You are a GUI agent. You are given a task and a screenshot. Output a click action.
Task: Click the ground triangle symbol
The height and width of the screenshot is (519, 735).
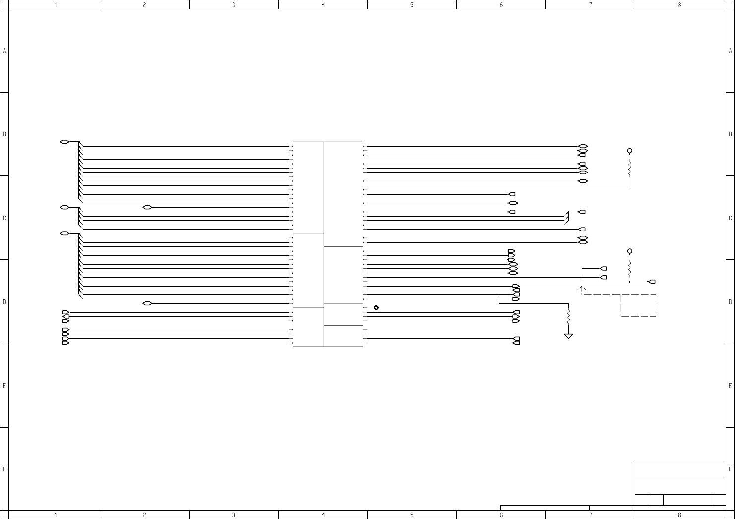pyautogui.click(x=568, y=336)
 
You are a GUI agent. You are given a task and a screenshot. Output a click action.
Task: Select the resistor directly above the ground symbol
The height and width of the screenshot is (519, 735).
pyautogui.click(x=568, y=317)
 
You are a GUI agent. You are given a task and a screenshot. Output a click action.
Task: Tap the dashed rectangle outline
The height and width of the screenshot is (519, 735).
pyautogui.click(x=638, y=305)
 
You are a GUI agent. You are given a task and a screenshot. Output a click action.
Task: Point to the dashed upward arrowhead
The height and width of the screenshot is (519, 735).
pyautogui.click(x=582, y=288)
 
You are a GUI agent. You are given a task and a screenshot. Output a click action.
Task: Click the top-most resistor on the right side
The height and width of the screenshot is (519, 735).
pyautogui.click(x=630, y=168)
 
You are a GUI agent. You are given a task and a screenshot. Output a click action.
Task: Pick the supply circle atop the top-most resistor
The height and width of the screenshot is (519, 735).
pyautogui.click(x=630, y=151)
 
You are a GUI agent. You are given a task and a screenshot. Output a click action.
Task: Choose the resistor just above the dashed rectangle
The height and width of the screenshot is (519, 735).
pyautogui.click(x=630, y=269)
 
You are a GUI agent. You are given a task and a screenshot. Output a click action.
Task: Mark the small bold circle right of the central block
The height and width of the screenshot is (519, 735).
pyautogui.click(x=376, y=308)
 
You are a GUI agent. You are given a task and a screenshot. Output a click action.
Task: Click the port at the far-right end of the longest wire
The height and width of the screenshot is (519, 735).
pyautogui.click(x=652, y=282)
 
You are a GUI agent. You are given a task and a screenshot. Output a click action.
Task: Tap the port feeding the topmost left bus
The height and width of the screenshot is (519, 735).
pyautogui.click(x=64, y=142)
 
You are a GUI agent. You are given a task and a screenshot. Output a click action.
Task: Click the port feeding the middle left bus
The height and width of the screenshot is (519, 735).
pyautogui.click(x=64, y=207)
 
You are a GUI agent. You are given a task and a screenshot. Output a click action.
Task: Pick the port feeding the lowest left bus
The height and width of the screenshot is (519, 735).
pyautogui.click(x=64, y=233)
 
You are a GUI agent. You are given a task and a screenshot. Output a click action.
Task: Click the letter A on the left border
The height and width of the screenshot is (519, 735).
pyautogui.click(x=4, y=51)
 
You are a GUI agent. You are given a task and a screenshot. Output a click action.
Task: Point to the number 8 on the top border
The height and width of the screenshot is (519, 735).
pyautogui.click(x=679, y=4)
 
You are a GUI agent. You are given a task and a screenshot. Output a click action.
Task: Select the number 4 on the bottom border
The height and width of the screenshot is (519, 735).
pyautogui.click(x=323, y=515)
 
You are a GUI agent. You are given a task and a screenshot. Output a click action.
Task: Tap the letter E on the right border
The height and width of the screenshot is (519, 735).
pyautogui.click(x=731, y=386)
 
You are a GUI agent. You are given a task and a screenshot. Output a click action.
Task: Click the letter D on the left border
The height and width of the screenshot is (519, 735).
pyautogui.click(x=4, y=302)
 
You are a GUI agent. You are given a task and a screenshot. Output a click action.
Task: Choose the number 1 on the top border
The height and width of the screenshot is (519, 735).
pyautogui.click(x=56, y=4)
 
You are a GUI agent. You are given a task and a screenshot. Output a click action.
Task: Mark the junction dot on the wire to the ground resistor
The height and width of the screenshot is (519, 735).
pyautogui.click(x=498, y=294)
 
